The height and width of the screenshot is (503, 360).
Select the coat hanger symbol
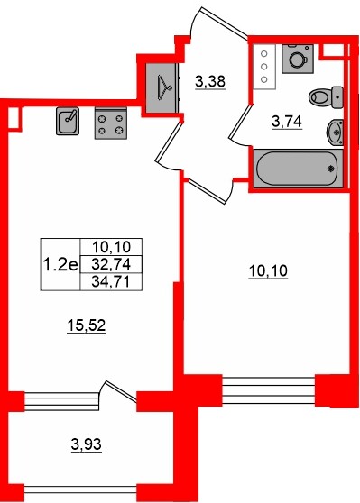pos(163,87)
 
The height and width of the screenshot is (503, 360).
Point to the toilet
pos(322,96)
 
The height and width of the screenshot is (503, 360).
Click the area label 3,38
pos(209,83)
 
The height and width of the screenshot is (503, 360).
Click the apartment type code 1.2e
pos(59,264)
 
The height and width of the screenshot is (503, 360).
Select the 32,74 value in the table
pos(112,264)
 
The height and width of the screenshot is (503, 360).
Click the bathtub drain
pos(332,166)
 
